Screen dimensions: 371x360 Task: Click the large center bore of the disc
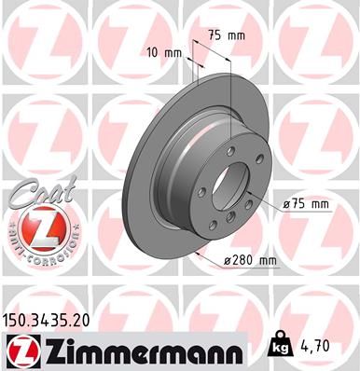pyautogui.click(x=229, y=187)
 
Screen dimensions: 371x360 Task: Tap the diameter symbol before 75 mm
pyautogui.click(x=285, y=203)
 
